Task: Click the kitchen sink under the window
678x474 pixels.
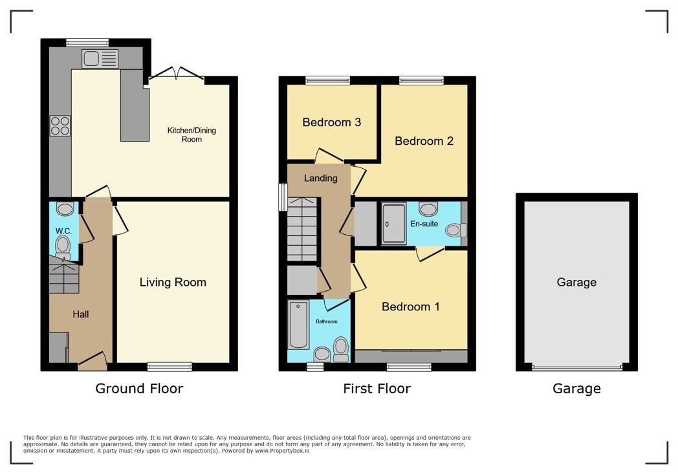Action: tap(100, 59)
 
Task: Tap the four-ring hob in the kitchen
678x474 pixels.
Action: tap(60, 125)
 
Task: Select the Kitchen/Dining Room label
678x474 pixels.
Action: tap(191, 135)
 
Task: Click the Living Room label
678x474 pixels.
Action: tap(173, 282)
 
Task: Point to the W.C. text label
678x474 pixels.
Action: tap(63, 231)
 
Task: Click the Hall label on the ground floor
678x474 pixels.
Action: tap(81, 314)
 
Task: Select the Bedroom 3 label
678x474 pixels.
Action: tap(331, 122)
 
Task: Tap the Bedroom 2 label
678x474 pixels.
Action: tap(424, 141)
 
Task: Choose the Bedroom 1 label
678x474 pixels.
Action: tap(411, 307)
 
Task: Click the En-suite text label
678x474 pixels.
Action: tap(424, 224)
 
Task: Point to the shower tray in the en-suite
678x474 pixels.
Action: tap(393, 224)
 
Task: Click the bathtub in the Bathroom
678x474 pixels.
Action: tap(298, 325)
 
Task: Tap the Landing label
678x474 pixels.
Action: tap(321, 178)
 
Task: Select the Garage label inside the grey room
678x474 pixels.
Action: tap(576, 282)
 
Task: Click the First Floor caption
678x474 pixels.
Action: tap(377, 389)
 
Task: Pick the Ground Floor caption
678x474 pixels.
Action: tap(139, 389)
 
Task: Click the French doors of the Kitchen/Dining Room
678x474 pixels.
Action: tap(176, 74)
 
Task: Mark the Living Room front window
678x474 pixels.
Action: tap(169, 367)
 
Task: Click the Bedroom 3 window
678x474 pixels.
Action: tap(327, 80)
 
